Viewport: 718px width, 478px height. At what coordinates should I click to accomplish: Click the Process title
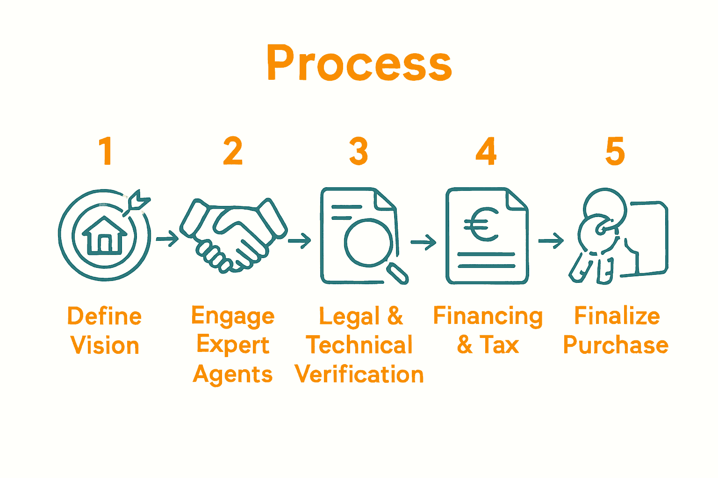point(359,63)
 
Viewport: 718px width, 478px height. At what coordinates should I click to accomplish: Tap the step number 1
point(106,151)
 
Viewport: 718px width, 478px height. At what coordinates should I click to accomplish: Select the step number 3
point(359,151)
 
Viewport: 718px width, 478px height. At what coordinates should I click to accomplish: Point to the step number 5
point(615,151)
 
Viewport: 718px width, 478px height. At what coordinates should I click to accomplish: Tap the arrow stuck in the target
point(137,203)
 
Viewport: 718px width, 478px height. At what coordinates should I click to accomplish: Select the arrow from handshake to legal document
point(299,241)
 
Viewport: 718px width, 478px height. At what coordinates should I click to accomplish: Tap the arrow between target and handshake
point(167,239)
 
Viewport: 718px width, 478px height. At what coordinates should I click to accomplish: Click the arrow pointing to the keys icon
point(551,241)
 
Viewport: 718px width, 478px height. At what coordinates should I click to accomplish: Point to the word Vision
point(105,346)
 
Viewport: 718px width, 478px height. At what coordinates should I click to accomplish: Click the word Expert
point(233,345)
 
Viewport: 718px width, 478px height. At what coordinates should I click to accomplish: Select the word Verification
point(359,374)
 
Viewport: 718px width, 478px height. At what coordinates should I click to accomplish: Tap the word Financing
point(488,316)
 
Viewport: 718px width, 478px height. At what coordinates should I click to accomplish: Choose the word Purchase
point(616,345)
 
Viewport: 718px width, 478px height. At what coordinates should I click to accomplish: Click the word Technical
point(359,345)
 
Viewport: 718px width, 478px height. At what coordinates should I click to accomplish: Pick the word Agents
point(233,375)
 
